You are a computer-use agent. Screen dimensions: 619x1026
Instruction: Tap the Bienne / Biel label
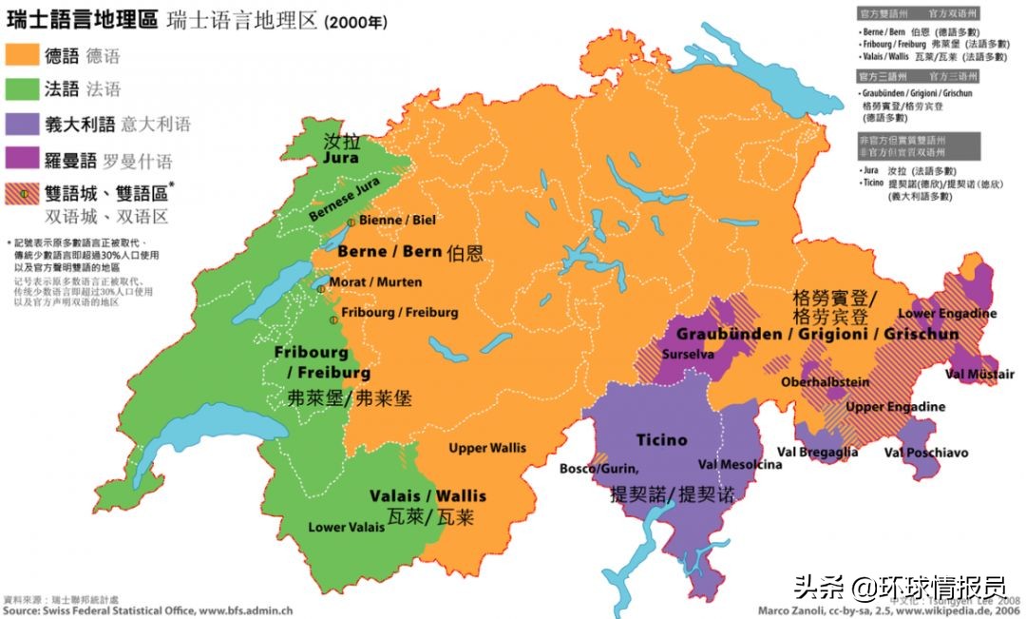coord(397,220)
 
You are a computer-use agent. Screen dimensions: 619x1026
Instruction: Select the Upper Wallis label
coord(487,448)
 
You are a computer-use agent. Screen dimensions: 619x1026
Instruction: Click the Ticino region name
coord(661,440)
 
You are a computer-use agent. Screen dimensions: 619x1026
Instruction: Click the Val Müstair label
coord(979,374)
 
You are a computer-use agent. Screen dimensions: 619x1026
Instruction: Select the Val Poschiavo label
coord(925,453)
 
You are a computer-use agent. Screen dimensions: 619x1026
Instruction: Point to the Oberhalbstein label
coord(825,382)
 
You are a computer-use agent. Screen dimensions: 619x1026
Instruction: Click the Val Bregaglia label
coord(817,453)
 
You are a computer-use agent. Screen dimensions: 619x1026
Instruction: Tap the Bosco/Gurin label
coord(598,469)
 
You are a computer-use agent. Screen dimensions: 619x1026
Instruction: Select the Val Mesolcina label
coord(740,465)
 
